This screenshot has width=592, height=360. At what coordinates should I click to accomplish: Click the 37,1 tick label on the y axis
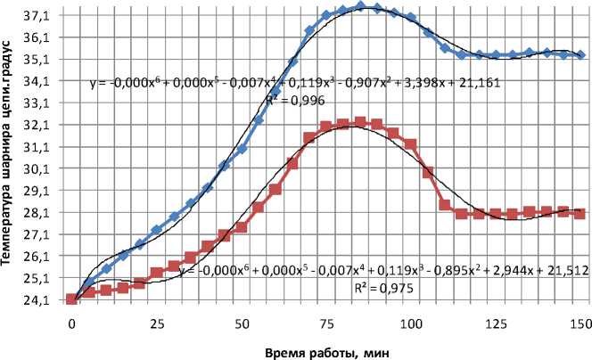[45, 16]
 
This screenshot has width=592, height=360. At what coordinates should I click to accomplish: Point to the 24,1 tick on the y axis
[45, 299]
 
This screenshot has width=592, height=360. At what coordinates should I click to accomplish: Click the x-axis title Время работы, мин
[328, 350]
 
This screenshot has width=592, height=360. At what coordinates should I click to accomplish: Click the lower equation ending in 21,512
[383, 268]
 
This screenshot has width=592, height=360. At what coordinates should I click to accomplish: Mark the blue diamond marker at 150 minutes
[580, 55]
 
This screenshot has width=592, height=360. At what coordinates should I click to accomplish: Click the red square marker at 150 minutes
[580, 213]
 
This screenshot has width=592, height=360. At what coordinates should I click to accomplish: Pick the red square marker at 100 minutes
[411, 144]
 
